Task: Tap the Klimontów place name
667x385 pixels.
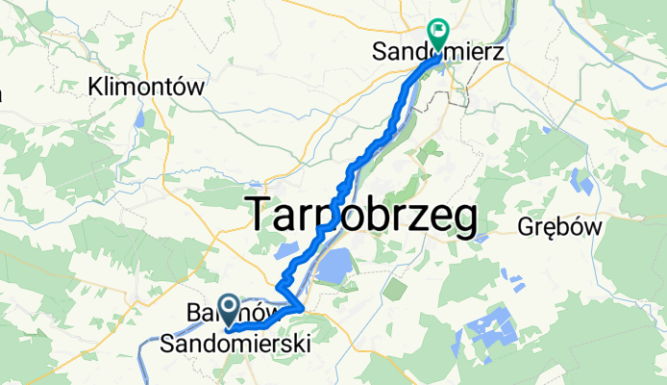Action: [147, 87]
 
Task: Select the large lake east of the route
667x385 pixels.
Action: [334, 264]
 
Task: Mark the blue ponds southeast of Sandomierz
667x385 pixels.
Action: [581, 181]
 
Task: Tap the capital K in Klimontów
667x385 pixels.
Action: [95, 87]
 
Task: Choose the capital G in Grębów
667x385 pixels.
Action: [526, 227]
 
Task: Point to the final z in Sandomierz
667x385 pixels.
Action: [501, 47]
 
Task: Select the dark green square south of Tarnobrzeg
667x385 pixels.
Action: [393, 287]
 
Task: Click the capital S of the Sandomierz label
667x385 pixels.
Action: [381, 47]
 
